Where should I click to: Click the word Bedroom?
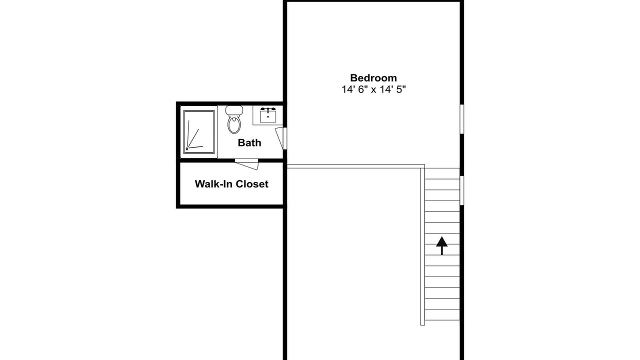coord(373,78)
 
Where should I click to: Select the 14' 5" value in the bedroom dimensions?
coord(393,89)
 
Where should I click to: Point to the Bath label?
coord(249,142)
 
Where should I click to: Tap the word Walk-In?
coord(213,184)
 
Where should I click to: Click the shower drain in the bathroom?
coord(187,149)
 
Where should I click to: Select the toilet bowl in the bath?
coord(234,124)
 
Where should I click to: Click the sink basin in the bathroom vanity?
coord(268,116)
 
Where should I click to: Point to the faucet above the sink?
coord(268,109)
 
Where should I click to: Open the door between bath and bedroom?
coord(281,138)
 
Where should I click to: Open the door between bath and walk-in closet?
coord(246,164)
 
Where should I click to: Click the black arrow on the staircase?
coord(441,245)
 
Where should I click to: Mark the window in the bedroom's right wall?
coord(461,119)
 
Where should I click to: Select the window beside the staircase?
coord(461,190)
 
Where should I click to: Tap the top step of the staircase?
coord(442,173)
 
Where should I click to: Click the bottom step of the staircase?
coord(442,315)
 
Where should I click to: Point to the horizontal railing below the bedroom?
coord(355,166)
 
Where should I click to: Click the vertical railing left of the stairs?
coord(422,246)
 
